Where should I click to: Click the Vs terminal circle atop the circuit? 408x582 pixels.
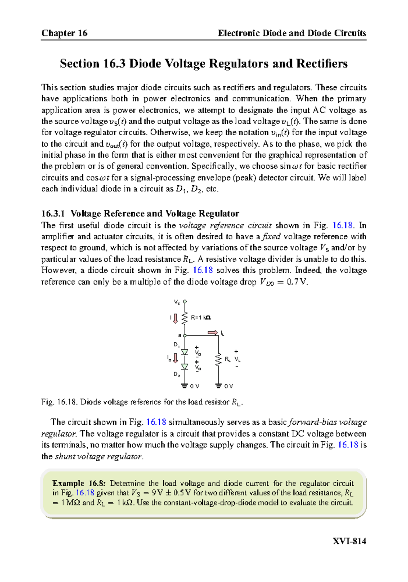185,302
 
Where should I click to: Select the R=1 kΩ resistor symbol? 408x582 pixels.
185,319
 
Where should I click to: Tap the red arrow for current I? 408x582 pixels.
175,319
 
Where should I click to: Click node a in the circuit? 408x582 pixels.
185,336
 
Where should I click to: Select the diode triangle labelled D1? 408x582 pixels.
185,352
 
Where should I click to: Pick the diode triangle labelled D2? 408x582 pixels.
185,366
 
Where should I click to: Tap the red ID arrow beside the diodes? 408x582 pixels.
175,358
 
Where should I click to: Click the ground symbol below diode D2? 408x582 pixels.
185,386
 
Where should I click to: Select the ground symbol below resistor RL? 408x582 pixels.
219,386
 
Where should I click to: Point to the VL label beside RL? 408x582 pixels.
237,359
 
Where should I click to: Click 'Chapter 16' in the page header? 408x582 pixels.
64,33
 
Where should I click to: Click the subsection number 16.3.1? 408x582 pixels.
53,213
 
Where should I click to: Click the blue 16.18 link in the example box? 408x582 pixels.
85,493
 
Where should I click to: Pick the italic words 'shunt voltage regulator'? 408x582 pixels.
98,457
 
